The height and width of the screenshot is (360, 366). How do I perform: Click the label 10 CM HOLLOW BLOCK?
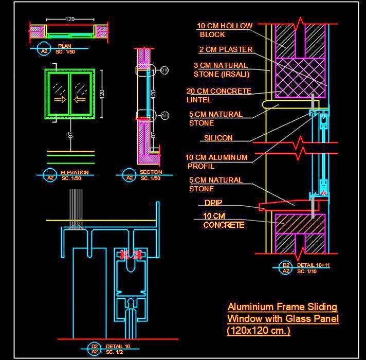pos(225,30)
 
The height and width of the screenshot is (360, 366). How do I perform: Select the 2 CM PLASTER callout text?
pos(226,50)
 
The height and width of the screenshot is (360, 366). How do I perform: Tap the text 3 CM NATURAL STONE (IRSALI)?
pos(222,70)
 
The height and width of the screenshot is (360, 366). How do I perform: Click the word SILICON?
pos(218,138)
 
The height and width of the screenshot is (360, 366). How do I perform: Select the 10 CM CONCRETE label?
pos(224,220)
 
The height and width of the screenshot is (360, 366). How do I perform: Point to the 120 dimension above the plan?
pos(70,19)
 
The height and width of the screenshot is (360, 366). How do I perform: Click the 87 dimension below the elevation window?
pos(71,135)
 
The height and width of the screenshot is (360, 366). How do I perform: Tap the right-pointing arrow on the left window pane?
pos(60,99)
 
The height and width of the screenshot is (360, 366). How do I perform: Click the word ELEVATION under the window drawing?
pos(75,172)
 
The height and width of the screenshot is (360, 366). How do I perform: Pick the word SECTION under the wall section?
pos(151,172)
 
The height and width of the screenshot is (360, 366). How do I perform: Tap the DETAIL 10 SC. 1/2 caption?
pos(118,349)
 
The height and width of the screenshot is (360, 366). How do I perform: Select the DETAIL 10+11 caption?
pos(314,267)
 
